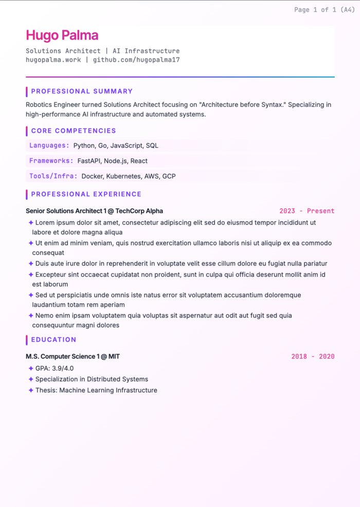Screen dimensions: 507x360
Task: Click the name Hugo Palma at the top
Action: (x=62, y=35)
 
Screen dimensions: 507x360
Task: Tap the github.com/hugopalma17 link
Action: (x=136, y=60)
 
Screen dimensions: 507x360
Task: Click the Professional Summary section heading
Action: (x=82, y=91)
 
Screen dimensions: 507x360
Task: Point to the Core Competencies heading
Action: (x=74, y=131)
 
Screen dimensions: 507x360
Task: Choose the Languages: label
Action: (x=49, y=146)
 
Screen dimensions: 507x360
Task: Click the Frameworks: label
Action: (x=51, y=161)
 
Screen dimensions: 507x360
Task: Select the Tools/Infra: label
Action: (x=53, y=176)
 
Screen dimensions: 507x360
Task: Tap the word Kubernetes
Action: (x=123, y=176)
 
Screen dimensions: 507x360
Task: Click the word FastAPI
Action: (x=89, y=161)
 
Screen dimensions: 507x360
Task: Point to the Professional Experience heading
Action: (x=86, y=194)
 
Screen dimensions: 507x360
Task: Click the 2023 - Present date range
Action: (x=307, y=211)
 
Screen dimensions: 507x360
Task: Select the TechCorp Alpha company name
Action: (x=139, y=211)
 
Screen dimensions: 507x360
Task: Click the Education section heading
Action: (x=53, y=340)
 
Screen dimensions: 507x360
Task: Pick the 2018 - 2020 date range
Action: (x=313, y=357)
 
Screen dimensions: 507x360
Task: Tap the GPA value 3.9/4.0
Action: (x=63, y=368)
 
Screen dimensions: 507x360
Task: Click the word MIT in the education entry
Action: (x=114, y=357)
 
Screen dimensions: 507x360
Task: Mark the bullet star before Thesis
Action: (x=31, y=390)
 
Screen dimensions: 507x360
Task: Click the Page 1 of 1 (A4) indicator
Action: (x=324, y=10)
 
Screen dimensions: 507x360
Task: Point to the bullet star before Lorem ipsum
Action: (x=31, y=222)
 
